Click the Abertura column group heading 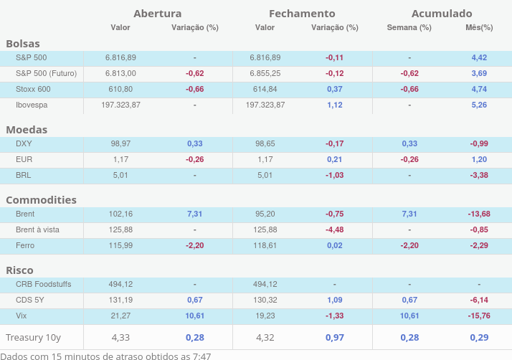(157, 14)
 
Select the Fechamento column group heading (302, 14)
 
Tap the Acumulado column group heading (442, 14)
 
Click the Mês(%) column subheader (479, 28)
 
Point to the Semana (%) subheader (409, 28)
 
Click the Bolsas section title (23, 44)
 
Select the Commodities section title (41, 200)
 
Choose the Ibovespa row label (32, 105)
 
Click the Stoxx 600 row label (33, 89)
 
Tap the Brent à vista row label (37, 229)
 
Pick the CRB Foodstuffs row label (43, 284)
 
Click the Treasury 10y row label (33, 337)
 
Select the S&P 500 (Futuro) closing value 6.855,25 (265, 73)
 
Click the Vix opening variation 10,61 (194, 316)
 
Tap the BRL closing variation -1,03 (334, 175)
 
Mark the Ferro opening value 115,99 (120, 245)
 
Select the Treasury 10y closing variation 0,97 (334, 337)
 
